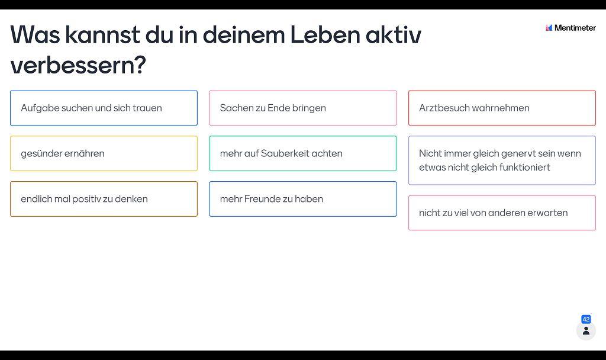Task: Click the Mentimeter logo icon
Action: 549,28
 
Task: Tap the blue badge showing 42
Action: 586,319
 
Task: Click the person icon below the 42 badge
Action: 586,331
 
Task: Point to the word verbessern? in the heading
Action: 78,65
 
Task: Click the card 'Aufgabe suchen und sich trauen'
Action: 104,108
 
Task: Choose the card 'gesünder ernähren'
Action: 104,153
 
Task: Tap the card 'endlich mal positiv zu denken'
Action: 104,199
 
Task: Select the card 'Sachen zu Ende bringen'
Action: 303,108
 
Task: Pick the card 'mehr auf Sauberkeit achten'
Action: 303,153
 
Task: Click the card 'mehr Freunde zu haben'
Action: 303,199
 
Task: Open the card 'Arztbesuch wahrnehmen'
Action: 502,108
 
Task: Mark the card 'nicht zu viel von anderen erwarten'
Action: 502,213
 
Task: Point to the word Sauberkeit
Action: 285,153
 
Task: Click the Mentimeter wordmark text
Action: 575,28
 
